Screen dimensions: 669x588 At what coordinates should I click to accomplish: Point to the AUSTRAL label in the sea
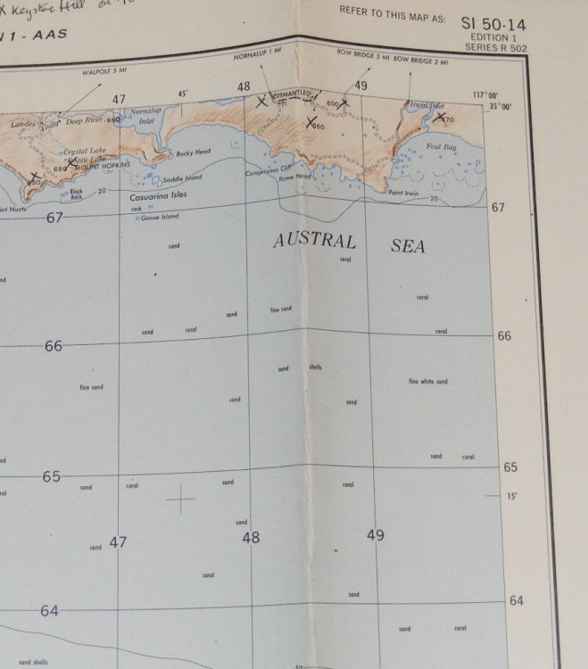click(314, 241)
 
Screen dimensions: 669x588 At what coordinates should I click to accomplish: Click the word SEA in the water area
click(408, 246)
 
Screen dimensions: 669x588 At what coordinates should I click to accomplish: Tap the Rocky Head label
click(192, 153)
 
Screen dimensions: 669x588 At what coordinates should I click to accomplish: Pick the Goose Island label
click(160, 217)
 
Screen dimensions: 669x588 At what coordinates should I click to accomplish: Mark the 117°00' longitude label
click(484, 96)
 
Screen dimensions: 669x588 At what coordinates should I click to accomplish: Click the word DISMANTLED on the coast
click(291, 94)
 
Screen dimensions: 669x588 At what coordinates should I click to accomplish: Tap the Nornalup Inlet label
click(145, 117)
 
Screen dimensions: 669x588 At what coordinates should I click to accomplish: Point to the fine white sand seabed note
click(428, 382)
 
